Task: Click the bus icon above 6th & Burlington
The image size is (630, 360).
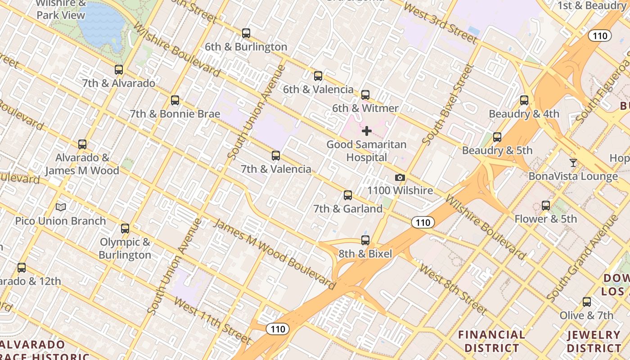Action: [x=246, y=33]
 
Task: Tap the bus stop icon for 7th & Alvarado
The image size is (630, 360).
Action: [x=119, y=70]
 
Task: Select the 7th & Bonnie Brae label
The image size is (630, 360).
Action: [x=175, y=114]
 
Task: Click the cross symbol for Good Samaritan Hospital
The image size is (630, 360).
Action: [x=367, y=131]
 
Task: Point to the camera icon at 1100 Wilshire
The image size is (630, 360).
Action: [x=400, y=178]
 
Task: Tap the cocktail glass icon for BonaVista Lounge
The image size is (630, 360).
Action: [x=573, y=162]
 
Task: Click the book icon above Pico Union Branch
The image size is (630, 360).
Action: [x=61, y=207]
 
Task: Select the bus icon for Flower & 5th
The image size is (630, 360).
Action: [x=546, y=206]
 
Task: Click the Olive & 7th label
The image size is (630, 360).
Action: [x=586, y=315]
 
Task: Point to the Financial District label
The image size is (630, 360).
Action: [x=491, y=342]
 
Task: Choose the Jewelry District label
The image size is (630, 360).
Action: [x=594, y=342]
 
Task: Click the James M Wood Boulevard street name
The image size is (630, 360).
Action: [x=274, y=254]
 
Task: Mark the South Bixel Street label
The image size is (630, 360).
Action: [x=447, y=104]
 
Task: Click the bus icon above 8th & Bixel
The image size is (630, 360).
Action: [x=365, y=240]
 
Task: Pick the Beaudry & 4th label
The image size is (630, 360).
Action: [x=524, y=114]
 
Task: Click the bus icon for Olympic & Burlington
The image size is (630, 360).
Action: [x=125, y=229]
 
